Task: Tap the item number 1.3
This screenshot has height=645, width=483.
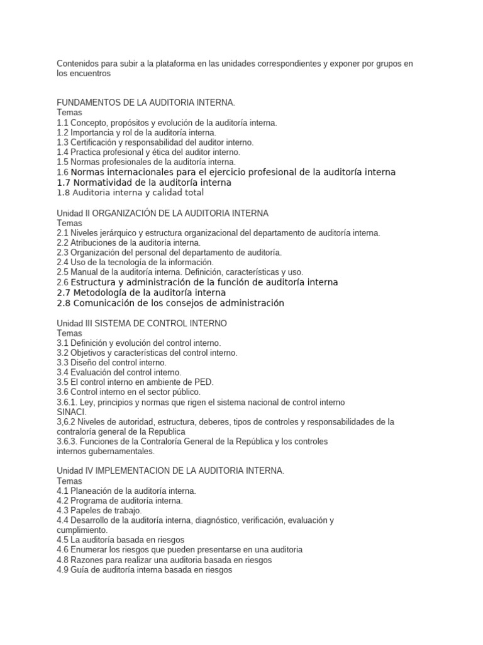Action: (x=63, y=142)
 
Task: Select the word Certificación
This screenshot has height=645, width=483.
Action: (x=95, y=142)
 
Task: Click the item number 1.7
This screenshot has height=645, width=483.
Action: (x=64, y=182)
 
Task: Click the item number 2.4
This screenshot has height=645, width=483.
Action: (x=63, y=262)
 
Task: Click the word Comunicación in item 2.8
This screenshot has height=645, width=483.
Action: (x=105, y=303)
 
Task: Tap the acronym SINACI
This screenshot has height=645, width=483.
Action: (x=72, y=411)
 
